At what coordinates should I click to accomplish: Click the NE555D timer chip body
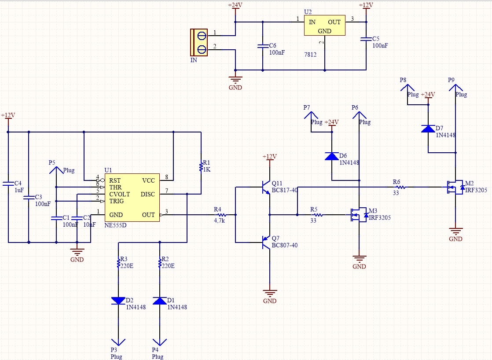132,198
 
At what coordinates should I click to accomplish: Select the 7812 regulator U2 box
324,25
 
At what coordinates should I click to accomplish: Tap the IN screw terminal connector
199,42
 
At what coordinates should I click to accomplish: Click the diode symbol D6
332,156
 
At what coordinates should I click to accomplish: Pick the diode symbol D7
428,129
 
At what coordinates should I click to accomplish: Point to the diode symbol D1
160,301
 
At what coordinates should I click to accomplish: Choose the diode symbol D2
118,301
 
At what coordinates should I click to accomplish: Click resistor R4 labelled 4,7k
222,215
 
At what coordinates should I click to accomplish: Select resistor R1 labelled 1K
201,167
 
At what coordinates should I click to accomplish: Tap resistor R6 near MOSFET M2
401,187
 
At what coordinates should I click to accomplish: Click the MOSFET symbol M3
359,215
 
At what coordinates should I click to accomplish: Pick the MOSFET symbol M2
455,187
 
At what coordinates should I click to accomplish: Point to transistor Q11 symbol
266,187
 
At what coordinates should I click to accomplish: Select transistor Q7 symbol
266,242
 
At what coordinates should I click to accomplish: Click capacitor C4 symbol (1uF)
8,184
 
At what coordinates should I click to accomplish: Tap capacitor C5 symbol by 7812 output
366,39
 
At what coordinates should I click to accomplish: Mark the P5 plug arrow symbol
56,170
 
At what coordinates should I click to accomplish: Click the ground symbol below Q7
269,293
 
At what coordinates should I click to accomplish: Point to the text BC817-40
285,190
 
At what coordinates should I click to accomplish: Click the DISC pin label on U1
148,194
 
